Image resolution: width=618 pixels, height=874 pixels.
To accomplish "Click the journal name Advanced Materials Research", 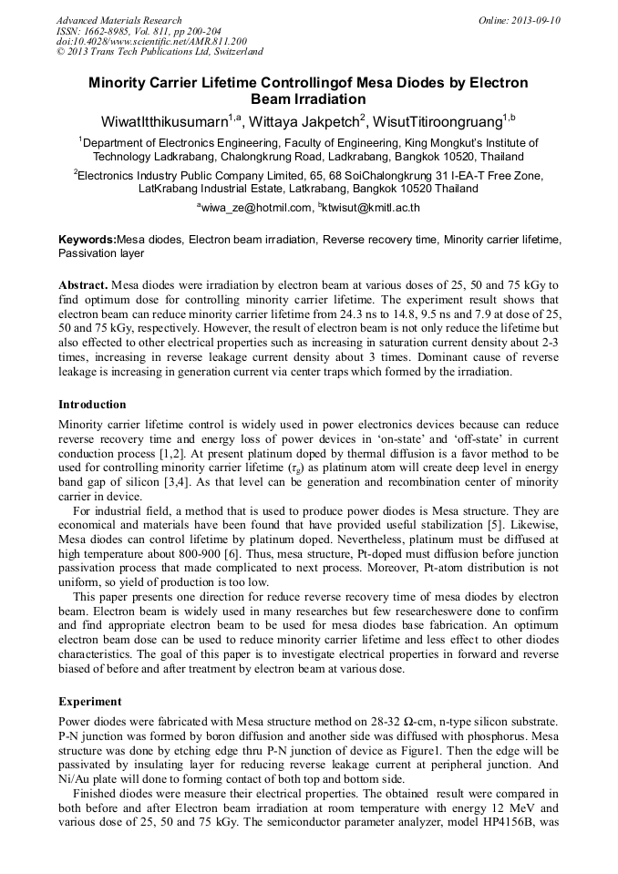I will (x=118, y=20).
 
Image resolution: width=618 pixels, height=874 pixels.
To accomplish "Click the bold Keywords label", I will (x=87, y=239).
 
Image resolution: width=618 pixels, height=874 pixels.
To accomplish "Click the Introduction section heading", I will (x=92, y=404).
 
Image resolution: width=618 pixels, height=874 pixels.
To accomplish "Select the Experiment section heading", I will (x=89, y=702).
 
